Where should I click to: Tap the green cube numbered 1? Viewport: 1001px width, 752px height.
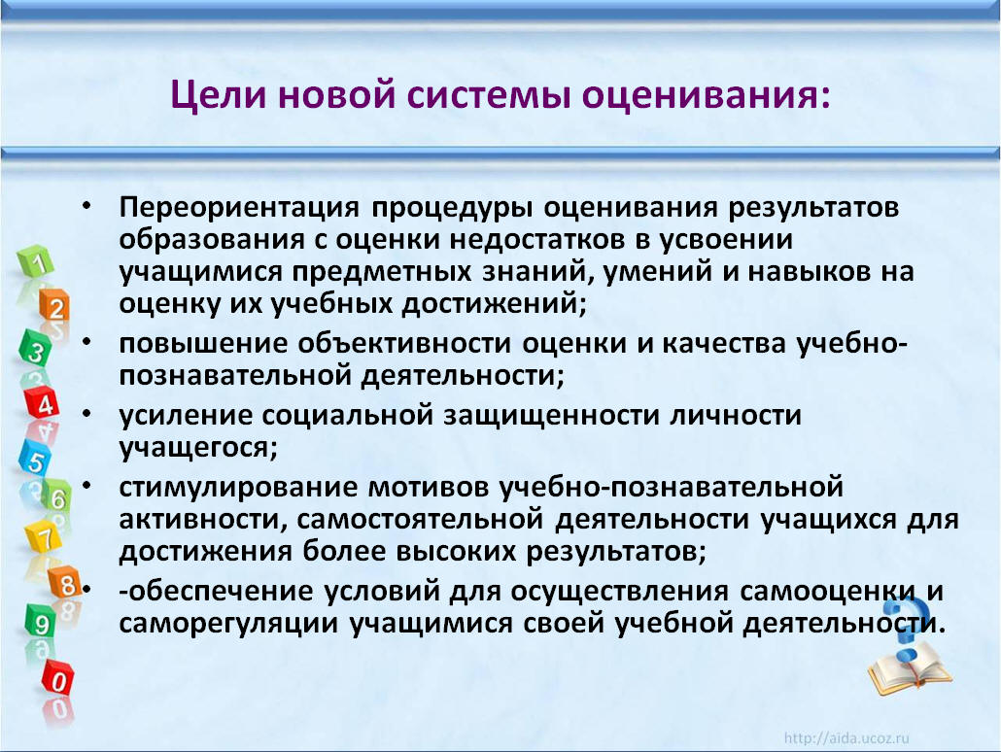(x=36, y=261)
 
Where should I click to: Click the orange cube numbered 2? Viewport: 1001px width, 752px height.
(x=53, y=306)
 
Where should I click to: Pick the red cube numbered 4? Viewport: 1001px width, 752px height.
(x=42, y=403)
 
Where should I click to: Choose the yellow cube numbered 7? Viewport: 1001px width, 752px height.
(x=44, y=537)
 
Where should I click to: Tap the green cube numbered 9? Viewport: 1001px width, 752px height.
(x=40, y=621)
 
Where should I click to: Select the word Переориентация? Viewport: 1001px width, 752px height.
(x=239, y=208)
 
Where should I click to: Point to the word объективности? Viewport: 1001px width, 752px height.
(x=404, y=343)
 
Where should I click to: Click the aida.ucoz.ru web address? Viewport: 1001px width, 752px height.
(x=846, y=738)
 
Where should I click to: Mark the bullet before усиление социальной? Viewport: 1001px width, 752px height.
(x=86, y=414)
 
